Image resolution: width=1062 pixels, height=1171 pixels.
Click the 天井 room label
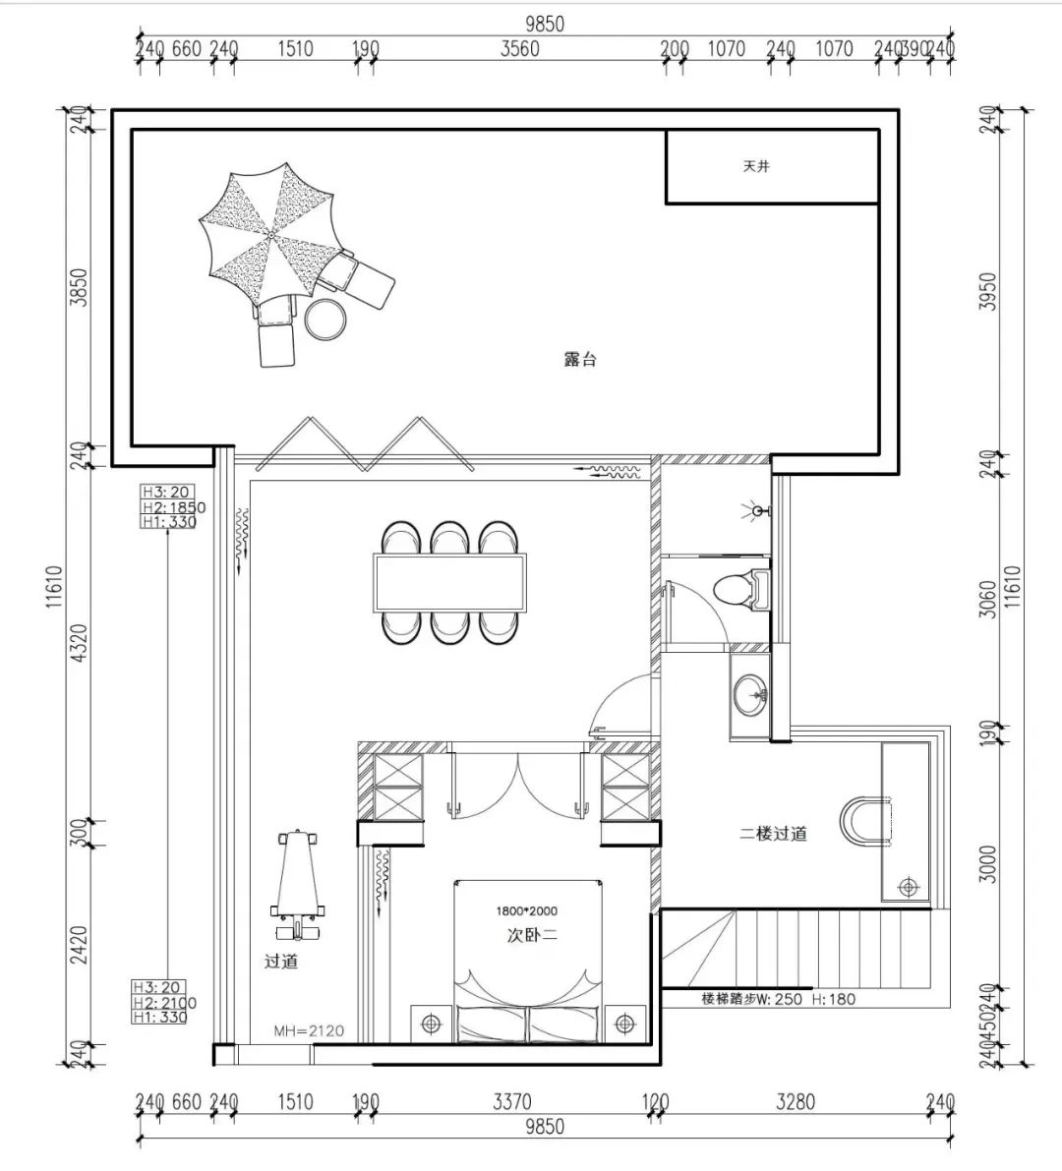756,166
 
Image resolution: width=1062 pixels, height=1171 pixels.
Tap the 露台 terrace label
580,359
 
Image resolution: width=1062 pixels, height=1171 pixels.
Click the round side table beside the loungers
325,320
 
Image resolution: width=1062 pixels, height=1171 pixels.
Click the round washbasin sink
749,694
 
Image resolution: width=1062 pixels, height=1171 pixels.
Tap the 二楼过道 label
774,834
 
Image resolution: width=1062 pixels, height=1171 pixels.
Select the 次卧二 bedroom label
532,934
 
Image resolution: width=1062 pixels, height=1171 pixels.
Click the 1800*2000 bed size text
526,911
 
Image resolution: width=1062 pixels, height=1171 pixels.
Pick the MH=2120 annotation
309,1031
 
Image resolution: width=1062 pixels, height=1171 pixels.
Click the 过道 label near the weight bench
281,962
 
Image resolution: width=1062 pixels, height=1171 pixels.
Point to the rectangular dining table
450,582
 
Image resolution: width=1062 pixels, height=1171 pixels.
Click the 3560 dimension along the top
520,48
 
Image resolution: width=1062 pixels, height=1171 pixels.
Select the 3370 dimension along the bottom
512,1101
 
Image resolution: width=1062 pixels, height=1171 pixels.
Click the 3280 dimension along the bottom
796,1101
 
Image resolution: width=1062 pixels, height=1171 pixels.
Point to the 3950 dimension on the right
987,292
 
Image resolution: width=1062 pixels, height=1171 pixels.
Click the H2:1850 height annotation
173,507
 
